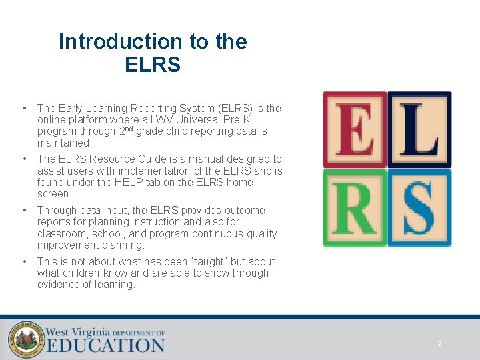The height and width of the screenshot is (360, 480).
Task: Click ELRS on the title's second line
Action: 153,65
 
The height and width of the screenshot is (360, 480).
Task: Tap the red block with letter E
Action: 355,129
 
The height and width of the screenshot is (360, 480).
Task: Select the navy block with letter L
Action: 419,129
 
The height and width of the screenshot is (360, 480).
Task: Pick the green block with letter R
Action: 355,208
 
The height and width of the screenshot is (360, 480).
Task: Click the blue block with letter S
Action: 419,208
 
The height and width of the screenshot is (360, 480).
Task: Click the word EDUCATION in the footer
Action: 105,345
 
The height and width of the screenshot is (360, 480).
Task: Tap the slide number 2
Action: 439,344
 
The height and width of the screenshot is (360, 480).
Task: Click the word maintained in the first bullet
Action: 64,143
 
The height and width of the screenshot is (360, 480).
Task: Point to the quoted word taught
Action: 206,261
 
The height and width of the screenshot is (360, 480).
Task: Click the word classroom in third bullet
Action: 61,233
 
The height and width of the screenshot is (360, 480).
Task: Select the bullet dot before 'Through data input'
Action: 23,210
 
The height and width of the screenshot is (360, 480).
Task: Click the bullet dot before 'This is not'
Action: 23,261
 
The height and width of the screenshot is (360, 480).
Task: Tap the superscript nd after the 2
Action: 129,129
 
